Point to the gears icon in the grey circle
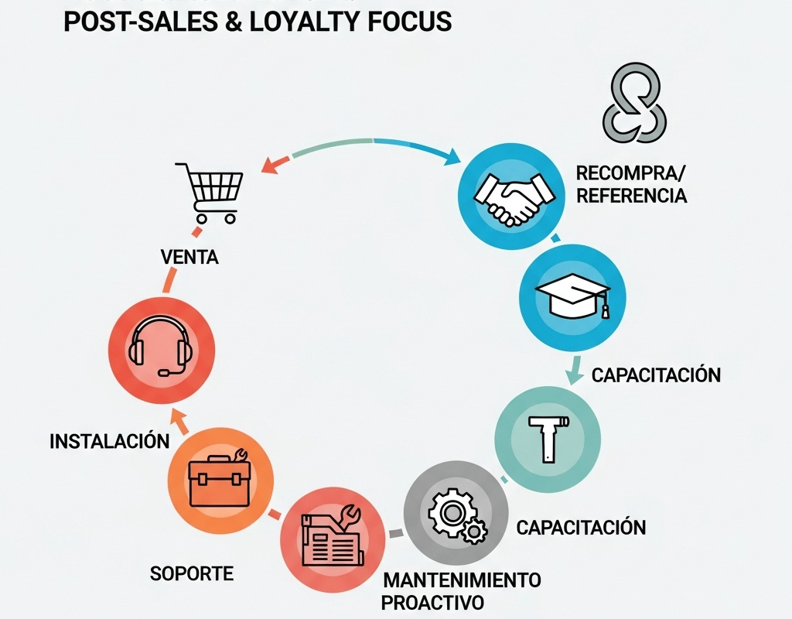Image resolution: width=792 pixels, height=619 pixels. pos(455,514)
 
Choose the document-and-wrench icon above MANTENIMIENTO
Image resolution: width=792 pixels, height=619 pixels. pos(330,537)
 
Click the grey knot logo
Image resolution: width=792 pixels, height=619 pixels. pos(634,103)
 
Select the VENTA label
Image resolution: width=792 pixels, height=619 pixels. pos(189,258)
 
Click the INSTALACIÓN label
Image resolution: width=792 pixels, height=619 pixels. pos(109,442)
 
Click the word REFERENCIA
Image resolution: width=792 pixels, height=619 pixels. pos(631,195)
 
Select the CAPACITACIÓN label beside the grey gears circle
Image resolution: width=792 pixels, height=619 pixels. pos(581,528)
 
